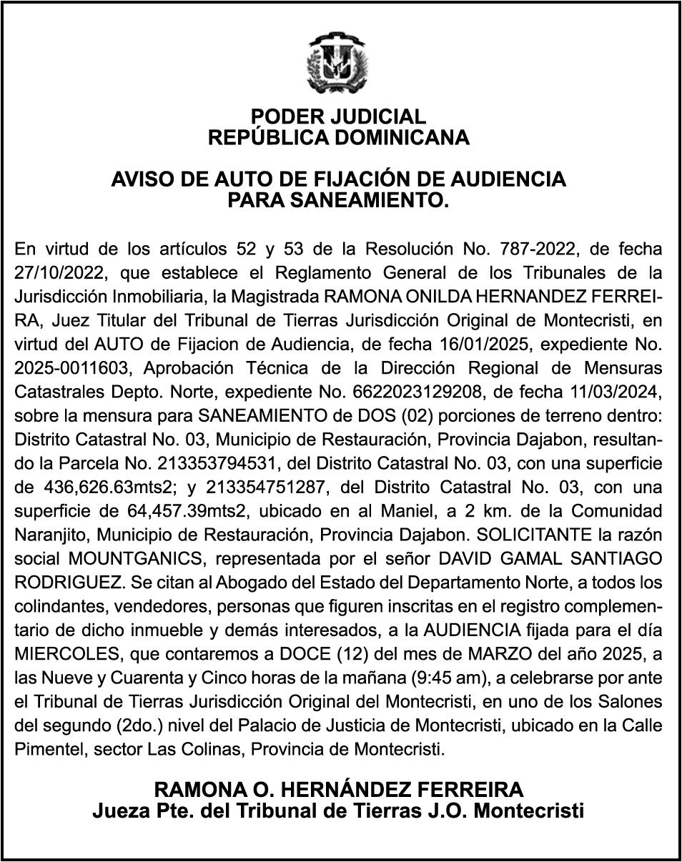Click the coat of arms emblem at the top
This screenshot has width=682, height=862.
pos(340,66)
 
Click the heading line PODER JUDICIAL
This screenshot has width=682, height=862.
pos(339,117)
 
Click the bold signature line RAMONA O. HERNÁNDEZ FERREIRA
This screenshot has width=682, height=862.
pos(339,791)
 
